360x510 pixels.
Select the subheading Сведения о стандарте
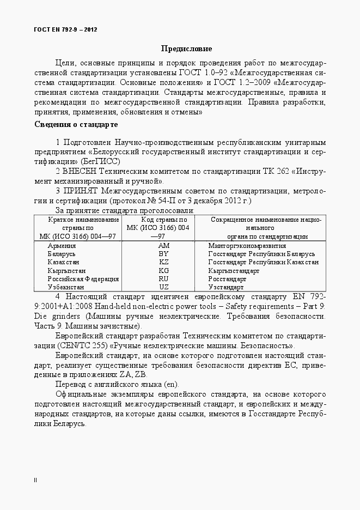[x=76, y=125]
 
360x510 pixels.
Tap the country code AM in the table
[x=164, y=246]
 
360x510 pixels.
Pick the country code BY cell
[x=164, y=254]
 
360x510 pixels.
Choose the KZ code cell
[x=164, y=262]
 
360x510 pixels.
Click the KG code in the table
[x=164, y=270]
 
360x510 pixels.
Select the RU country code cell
[x=164, y=278]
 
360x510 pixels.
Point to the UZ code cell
[x=164, y=287]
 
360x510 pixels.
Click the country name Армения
[x=62, y=246]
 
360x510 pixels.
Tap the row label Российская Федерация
[x=83, y=278]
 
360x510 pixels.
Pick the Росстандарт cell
[x=228, y=278]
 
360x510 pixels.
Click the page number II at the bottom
[x=35, y=480]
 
